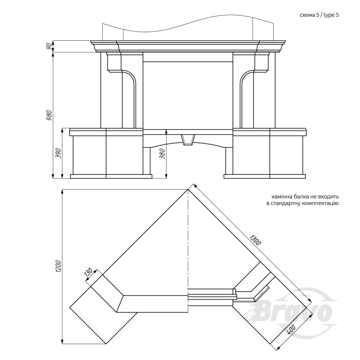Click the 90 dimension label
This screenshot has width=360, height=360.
(x=48, y=47)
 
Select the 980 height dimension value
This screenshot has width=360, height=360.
(x=49, y=115)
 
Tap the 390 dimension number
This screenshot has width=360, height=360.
(x=59, y=153)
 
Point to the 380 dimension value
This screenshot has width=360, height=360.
(x=162, y=154)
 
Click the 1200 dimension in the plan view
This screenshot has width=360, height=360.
(x=58, y=266)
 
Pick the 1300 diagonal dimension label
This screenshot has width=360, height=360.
(x=255, y=240)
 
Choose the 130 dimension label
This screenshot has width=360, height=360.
(x=88, y=272)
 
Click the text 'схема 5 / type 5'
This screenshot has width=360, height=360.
(x=319, y=15)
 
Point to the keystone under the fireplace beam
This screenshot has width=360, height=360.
(x=188, y=140)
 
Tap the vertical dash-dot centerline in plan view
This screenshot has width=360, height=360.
(x=188, y=248)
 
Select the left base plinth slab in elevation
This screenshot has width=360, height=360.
(x=111, y=176)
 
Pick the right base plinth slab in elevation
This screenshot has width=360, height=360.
(x=264, y=176)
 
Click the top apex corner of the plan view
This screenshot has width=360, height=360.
(x=188, y=190)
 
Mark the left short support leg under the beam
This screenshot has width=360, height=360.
(x=147, y=161)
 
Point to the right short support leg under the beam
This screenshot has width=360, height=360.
(x=229, y=161)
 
